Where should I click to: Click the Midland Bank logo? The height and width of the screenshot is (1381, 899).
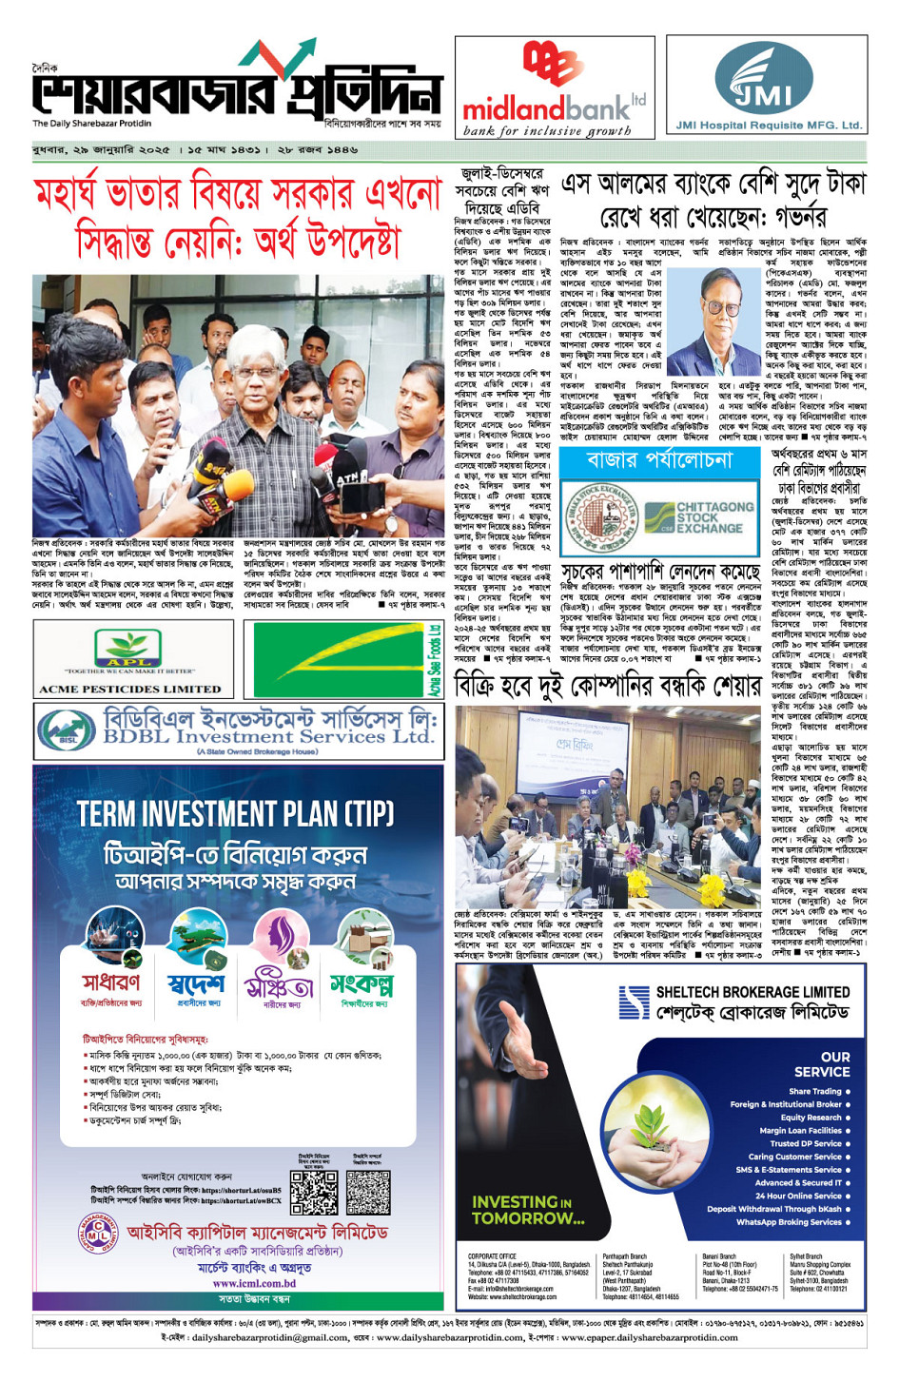554,88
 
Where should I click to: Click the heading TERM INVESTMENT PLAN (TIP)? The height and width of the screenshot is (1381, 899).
235,814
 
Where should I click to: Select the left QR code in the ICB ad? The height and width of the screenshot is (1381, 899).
313,1192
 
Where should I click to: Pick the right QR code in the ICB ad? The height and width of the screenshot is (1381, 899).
368,1192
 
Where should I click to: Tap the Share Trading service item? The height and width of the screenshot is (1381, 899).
815,1091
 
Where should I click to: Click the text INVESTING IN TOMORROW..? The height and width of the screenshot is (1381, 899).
528,1210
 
